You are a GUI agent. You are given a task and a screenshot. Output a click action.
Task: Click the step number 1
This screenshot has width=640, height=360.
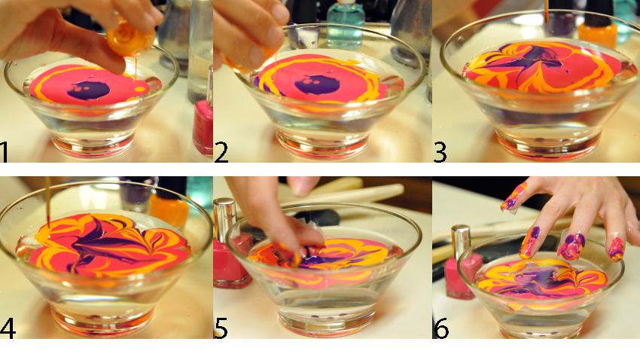(x=4, y=152)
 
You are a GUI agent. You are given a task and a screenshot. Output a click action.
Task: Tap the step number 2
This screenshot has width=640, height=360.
(x=221, y=152)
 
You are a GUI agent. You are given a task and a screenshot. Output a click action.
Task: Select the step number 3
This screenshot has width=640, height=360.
(x=440, y=152)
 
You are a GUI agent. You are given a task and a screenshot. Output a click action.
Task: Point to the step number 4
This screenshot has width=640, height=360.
(x=8, y=328)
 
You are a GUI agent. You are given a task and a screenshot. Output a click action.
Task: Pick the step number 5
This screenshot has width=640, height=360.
(x=221, y=328)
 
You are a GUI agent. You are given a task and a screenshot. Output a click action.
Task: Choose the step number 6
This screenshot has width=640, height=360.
(x=440, y=328)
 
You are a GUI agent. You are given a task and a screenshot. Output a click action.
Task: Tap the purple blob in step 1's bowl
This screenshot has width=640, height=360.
(x=89, y=90)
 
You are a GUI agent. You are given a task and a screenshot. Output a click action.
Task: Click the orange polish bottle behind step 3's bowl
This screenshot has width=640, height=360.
(x=598, y=26)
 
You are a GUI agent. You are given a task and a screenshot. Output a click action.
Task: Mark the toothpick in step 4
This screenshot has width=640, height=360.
(x=47, y=202)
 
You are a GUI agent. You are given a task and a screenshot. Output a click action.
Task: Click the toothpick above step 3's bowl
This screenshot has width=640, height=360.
(x=546, y=11)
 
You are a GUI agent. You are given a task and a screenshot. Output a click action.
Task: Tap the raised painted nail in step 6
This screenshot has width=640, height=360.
(x=514, y=197)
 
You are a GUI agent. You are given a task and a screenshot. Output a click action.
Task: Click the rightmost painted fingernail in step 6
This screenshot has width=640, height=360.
(x=617, y=249)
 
